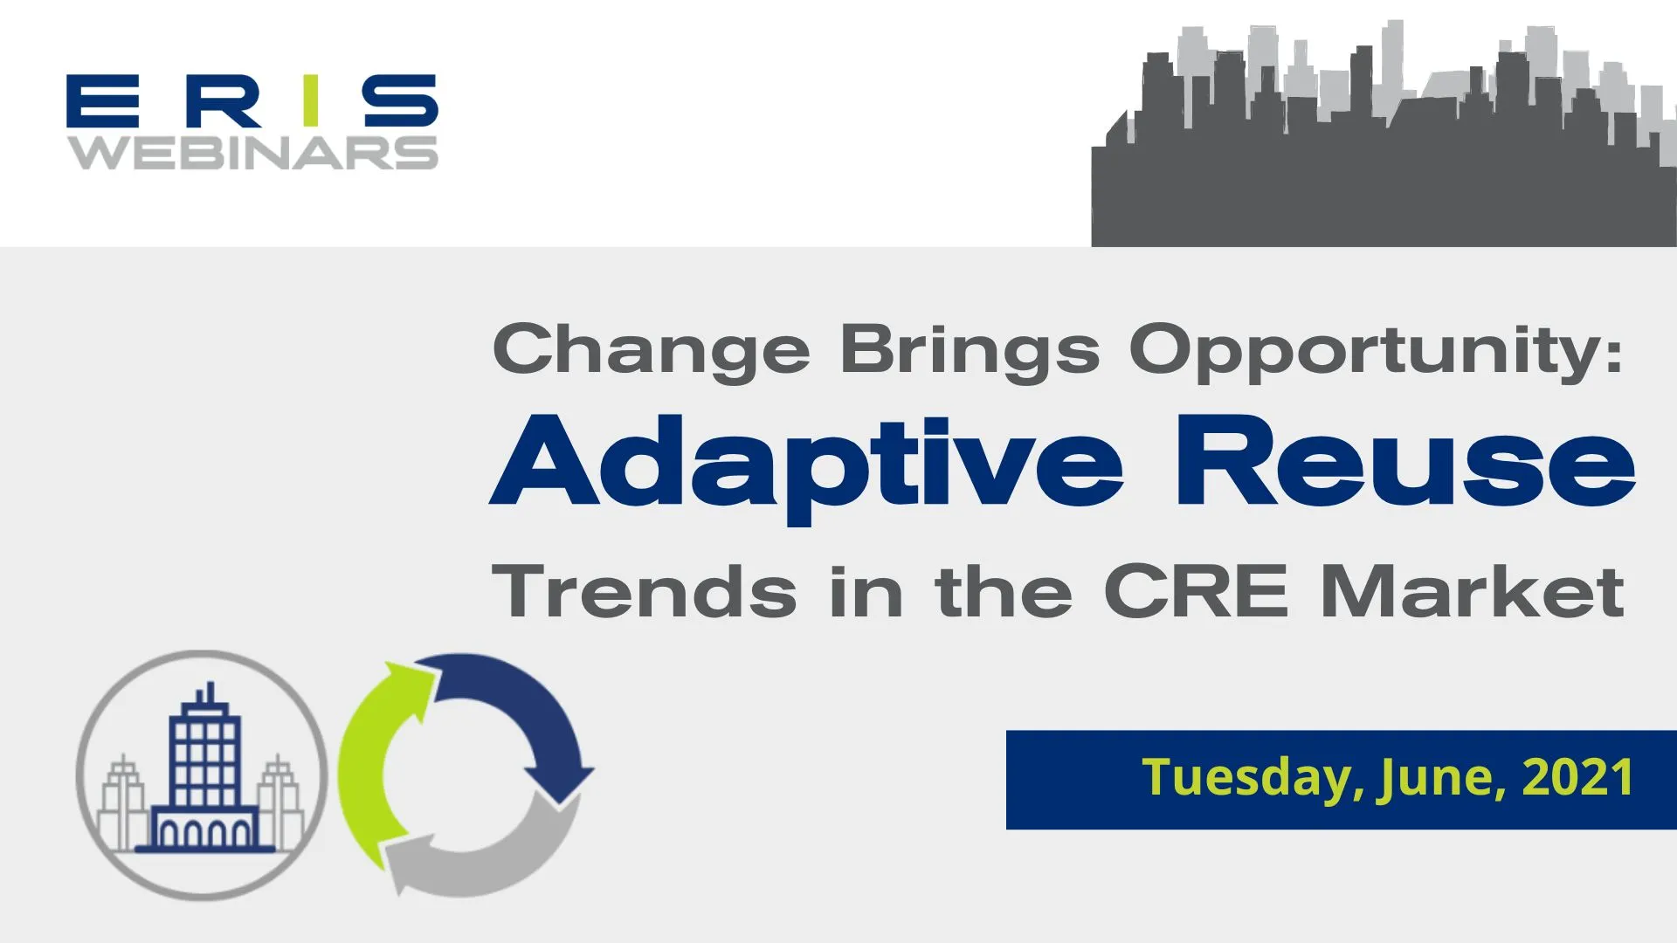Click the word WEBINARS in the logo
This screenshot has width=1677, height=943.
[x=253, y=153]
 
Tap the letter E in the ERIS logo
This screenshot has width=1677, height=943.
[x=103, y=101]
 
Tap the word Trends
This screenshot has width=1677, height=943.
[x=645, y=593]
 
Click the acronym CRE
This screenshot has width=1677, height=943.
[x=1196, y=593]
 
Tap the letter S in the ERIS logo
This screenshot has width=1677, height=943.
[x=401, y=101]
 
